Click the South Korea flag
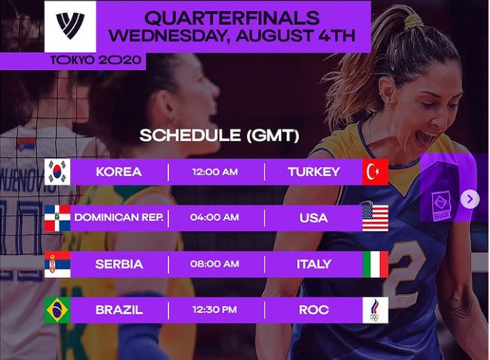pos(57,172)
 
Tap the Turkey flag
pos(375,172)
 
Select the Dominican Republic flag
pos(57,218)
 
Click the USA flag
pos(375,218)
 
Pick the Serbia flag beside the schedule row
pos(57,264)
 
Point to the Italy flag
pos(375,264)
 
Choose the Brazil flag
pos(57,310)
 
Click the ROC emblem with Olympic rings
pos(375,310)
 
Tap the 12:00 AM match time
pos(215,172)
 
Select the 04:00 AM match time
pos(214,217)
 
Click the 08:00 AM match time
pos(214,264)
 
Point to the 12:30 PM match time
pos(214,310)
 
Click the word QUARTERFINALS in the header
pos(232,18)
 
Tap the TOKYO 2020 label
pos(96,60)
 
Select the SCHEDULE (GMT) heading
pos(220,135)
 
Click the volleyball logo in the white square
pos(70,26)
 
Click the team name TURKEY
pos(314,172)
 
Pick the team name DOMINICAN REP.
pos(119,217)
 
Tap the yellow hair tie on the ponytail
pos(414,22)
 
